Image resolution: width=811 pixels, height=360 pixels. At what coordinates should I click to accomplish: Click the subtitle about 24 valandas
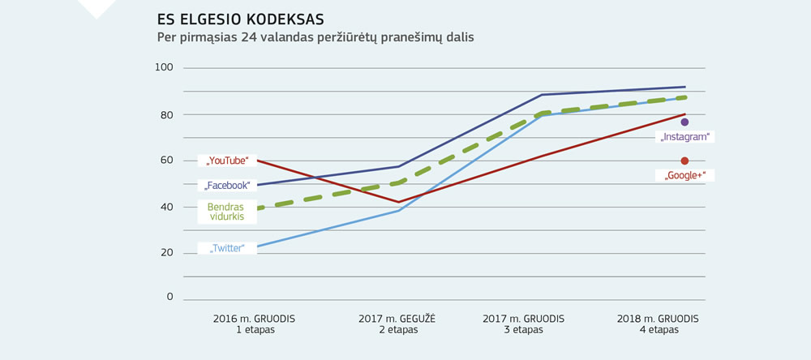pyautogui.click(x=315, y=37)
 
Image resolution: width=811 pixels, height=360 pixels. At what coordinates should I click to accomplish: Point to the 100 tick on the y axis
pyautogui.click(x=164, y=68)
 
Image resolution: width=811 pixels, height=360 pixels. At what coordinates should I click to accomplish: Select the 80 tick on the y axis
pyautogui.click(x=164, y=114)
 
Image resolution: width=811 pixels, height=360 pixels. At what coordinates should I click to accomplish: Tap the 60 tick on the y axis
pyautogui.click(x=164, y=161)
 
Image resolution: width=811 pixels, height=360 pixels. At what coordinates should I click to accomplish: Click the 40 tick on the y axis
pyautogui.click(x=164, y=207)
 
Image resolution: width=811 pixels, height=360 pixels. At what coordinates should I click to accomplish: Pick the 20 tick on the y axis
pyautogui.click(x=164, y=252)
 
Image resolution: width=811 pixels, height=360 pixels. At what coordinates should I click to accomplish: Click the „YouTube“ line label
pyautogui.click(x=227, y=161)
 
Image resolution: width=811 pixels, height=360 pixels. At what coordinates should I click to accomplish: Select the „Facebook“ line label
pyautogui.click(x=227, y=186)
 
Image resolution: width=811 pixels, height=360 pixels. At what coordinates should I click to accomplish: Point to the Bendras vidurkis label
pyautogui.click(x=226, y=213)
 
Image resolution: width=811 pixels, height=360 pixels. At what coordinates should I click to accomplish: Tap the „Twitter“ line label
pyautogui.click(x=227, y=248)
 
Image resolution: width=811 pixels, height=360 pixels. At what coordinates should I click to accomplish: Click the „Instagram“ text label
pyautogui.click(x=684, y=138)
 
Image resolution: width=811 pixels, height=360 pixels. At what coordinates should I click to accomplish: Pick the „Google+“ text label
pyautogui.click(x=683, y=175)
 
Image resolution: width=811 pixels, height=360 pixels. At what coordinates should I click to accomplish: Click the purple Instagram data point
pyautogui.click(x=684, y=122)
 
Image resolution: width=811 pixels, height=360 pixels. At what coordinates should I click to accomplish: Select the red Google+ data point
pyautogui.click(x=684, y=161)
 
